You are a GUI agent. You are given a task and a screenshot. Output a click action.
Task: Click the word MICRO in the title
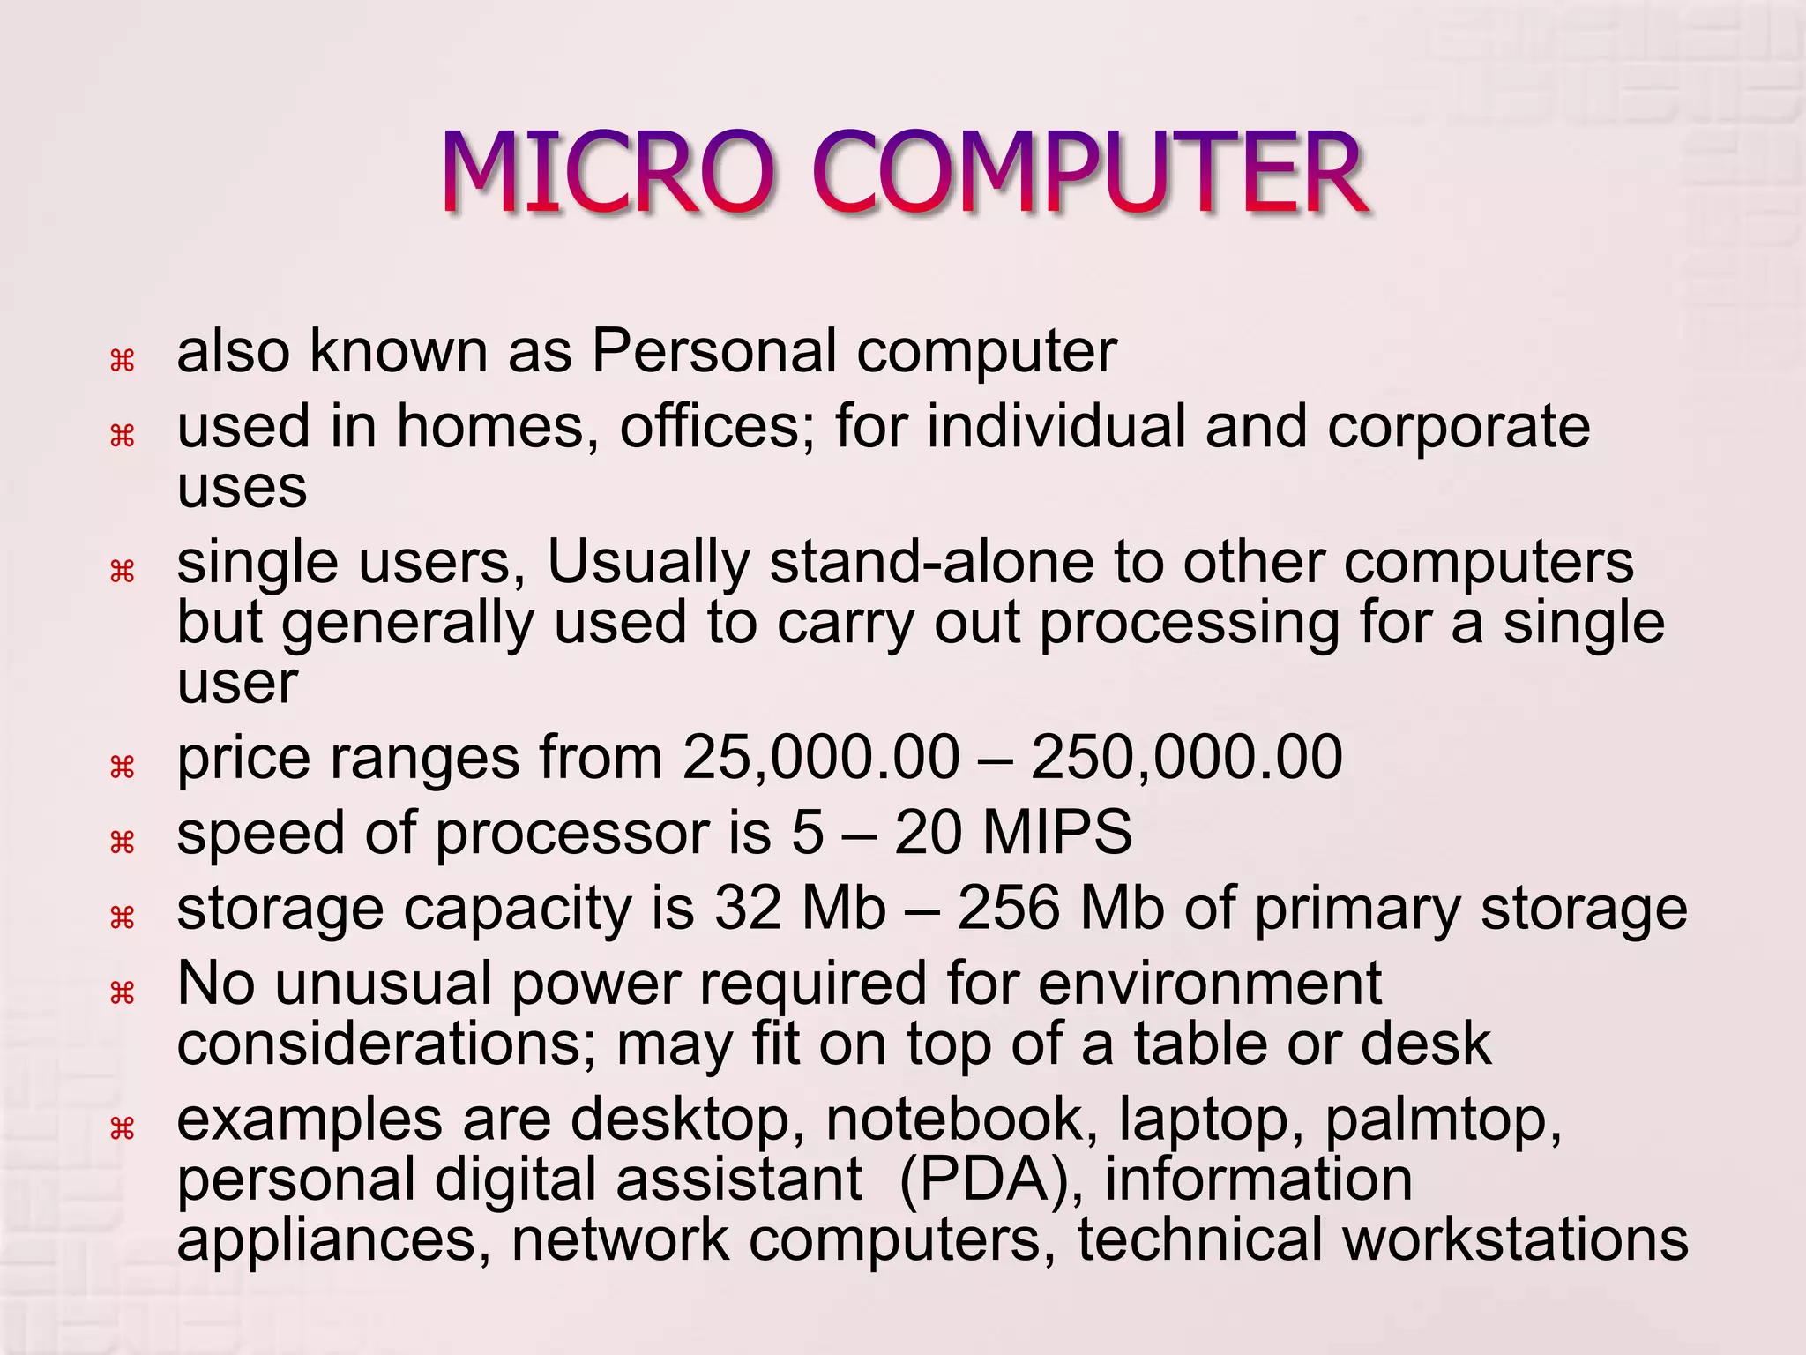(x=608, y=173)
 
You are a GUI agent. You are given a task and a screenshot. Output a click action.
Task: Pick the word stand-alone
(x=931, y=562)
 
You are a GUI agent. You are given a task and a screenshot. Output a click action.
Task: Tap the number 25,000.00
(x=821, y=758)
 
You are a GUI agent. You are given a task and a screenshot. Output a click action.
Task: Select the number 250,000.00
(x=1186, y=758)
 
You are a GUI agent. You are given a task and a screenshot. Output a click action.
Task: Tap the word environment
(x=1209, y=984)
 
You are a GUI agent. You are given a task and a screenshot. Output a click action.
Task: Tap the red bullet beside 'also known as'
(x=122, y=360)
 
